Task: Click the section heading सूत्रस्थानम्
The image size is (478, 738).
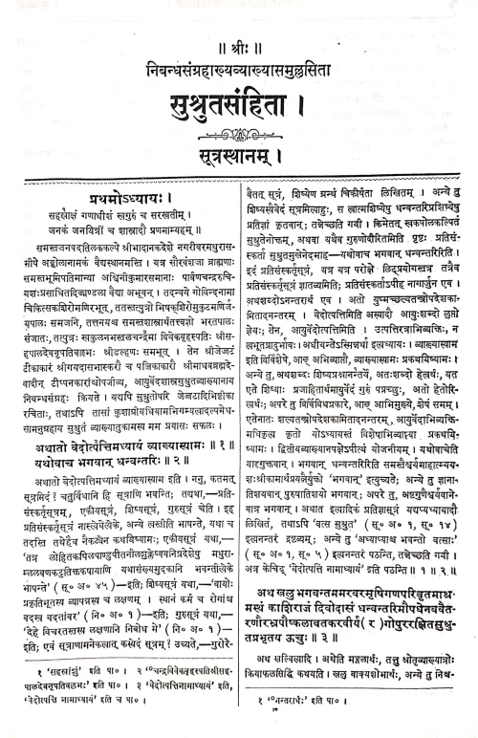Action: pos(238,146)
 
